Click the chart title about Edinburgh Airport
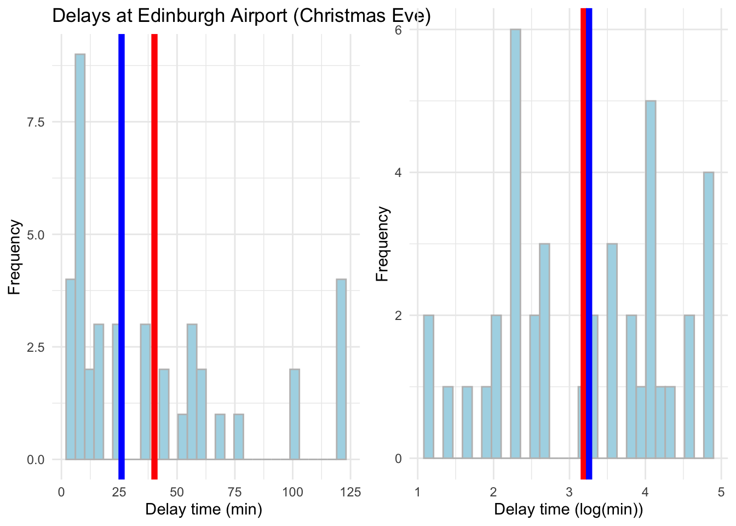(x=241, y=16)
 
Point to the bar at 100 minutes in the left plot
(x=295, y=414)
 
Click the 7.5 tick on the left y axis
(x=37, y=122)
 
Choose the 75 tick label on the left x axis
(x=234, y=492)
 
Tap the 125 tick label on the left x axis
(x=350, y=492)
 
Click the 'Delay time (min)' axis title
(x=204, y=510)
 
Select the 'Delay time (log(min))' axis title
(x=568, y=510)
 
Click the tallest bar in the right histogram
(x=515, y=244)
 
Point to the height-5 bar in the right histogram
(x=651, y=279)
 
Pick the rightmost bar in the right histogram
(x=709, y=315)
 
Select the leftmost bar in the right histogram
(x=428, y=387)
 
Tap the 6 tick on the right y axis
(x=399, y=30)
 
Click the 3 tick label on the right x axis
(x=569, y=492)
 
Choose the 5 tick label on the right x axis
(x=721, y=492)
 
